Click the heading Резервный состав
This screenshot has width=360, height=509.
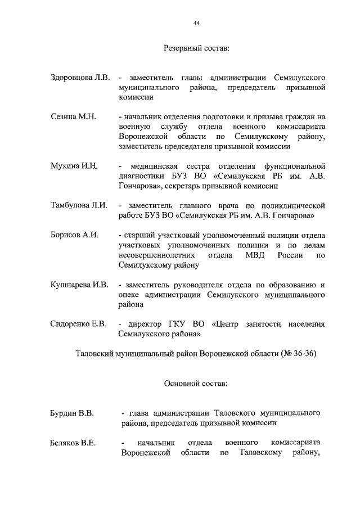tap(196, 49)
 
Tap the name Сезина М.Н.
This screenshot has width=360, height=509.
tap(74, 116)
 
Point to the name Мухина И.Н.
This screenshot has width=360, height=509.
tap(74, 166)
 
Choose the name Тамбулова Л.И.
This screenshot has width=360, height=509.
tap(79, 205)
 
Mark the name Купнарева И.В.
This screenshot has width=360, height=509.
tap(79, 285)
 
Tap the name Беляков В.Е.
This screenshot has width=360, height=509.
tap(73, 443)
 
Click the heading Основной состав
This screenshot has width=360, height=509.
tap(196, 384)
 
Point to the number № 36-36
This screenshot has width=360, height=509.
tap(298, 354)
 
